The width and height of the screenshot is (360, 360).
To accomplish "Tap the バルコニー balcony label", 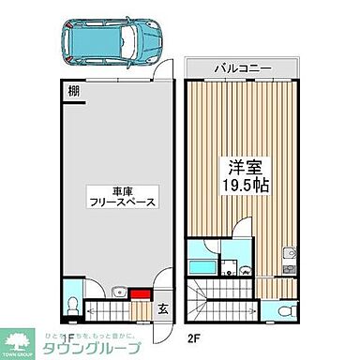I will pyautogui.click(x=242, y=68).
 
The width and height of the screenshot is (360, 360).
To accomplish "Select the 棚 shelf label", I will pyautogui.click(x=73, y=91).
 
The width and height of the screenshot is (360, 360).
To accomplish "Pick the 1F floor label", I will pyautogui.click(x=67, y=337).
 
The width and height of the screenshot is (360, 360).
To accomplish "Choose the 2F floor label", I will pyautogui.click(x=194, y=337).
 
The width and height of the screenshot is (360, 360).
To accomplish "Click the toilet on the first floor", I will pyautogui.click(x=73, y=303).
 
